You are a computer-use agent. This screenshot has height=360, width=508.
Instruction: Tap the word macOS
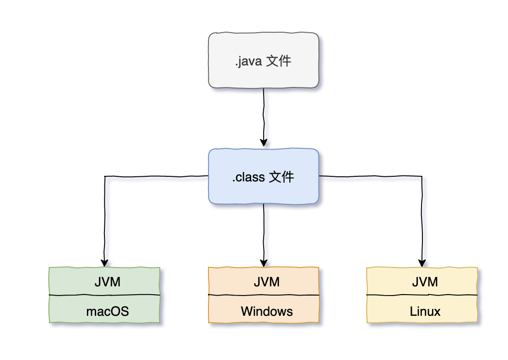tap(107, 311)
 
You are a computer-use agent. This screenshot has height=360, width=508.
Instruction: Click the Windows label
tap(267, 311)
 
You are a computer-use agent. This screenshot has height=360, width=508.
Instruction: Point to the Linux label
tap(425, 311)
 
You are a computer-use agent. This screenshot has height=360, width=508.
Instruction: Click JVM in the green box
tap(107, 282)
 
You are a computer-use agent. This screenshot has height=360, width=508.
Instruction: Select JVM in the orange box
tap(267, 282)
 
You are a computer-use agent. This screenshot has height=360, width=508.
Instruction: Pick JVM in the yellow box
tap(425, 282)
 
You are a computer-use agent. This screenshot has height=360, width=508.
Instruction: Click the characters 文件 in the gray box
tap(279, 61)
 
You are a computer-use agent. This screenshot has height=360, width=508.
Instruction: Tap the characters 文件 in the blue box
tap(281, 177)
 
